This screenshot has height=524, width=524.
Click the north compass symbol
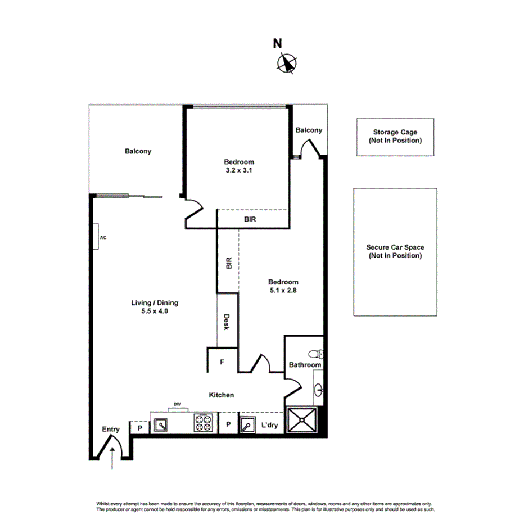coord(287,63)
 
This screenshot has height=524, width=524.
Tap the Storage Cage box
coord(395,137)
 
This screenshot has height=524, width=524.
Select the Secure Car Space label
coord(395,251)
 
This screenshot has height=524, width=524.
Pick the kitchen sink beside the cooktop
coord(161,425)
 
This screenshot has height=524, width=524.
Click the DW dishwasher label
coord(177,404)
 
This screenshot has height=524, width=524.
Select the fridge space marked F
coord(222,362)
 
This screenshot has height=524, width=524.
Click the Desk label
coord(227,322)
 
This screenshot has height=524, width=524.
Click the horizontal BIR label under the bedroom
coord(250,219)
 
